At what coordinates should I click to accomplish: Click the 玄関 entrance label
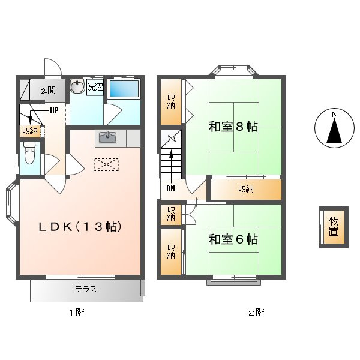[48, 90]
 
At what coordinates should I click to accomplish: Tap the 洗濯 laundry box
[95, 87]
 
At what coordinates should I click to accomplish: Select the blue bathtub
[124, 89]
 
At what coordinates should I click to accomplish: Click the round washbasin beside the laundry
[77, 86]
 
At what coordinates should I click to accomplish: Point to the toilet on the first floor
[29, 152]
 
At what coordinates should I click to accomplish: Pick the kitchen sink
[107, 137]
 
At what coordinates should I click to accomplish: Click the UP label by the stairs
[54, 110]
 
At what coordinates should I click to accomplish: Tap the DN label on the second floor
[170, 189]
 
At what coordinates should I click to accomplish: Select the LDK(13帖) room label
[80, 227]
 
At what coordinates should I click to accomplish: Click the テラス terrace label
[86, 289]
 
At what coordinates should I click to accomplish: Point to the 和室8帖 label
[233, 127]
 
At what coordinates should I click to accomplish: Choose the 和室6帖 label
[233, 239]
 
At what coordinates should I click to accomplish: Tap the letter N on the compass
[335, 114]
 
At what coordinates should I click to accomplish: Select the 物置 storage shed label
[334, 227]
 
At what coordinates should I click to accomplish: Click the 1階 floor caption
[77, 313]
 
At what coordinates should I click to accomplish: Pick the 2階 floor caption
[256, 313]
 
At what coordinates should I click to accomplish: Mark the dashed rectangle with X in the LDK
[106, 164]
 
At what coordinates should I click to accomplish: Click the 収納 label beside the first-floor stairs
[30, 131]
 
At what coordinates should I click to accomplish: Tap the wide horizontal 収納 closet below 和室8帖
[246, 190]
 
